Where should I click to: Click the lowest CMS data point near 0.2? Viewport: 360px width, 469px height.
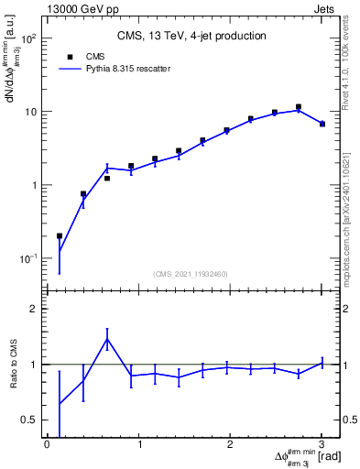point(60,236)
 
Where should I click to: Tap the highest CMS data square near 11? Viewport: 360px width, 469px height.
point(298,107)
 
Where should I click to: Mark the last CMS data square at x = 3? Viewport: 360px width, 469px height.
point(322,124)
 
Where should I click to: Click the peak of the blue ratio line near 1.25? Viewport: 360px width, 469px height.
point(107,339)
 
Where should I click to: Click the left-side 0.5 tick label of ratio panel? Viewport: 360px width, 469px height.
point(30,420)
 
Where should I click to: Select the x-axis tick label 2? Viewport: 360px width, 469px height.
point(230,446)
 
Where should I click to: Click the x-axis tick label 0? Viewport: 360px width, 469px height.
point(47,446)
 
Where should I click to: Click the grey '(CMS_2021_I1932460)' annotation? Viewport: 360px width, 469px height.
point(191,273)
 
